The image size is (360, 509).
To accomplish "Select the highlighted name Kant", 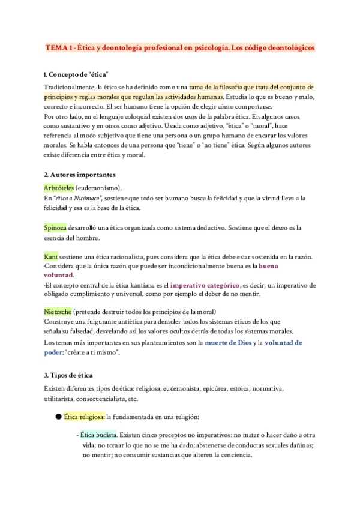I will [51, 257].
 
